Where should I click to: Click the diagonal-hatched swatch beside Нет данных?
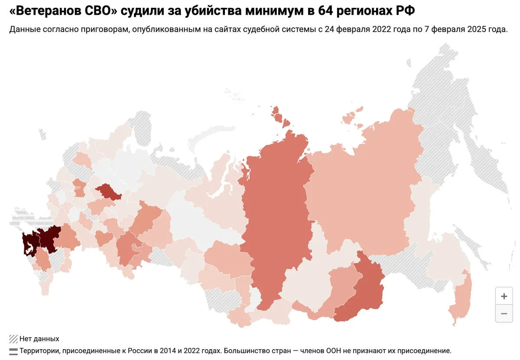pos(13,339)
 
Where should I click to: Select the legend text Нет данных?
pos(39,339)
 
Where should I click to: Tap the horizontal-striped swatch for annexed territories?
pos(13,350)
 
